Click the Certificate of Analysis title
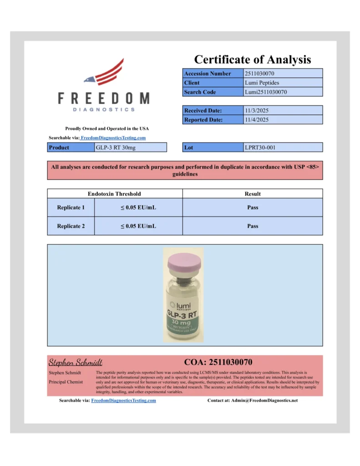click(253, 60)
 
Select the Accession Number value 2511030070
click(259, 73)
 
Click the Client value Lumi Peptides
click(262, 83)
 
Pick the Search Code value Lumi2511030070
click(265, 92)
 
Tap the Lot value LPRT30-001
click(260, 147)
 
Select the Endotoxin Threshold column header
click(114, 194)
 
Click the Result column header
click(253, 194)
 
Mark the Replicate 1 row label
click(71, 208)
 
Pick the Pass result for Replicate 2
click(253, 226)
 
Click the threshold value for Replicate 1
click(138, 208)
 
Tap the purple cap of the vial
click(184, 263)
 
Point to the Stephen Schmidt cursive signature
click(76, 363)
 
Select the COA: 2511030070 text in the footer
click(218, 362)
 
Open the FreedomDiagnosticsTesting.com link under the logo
click(113, 138)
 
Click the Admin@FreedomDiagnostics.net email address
click(264, 400)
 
